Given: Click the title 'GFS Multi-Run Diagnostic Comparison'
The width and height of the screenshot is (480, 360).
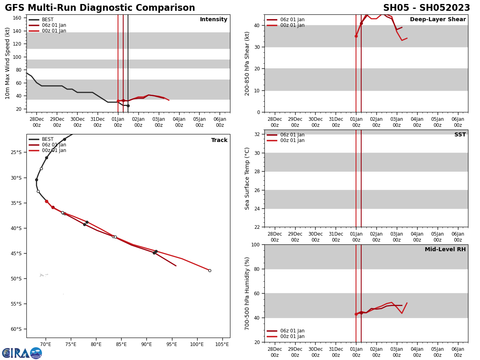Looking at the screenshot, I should pyautogui.click(x=100, y=8).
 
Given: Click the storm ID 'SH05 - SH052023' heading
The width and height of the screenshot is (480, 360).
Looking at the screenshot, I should pyautogui.click(x=426, y=8).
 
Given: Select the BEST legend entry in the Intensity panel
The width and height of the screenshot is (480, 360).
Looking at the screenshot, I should pyautogui.click(x=47, y=20).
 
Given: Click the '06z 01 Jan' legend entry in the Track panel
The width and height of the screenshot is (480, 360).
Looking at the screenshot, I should pyautogui.click(x=54, y=145).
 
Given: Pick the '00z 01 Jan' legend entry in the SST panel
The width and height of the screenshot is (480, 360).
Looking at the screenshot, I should pyautogui.click(x=292, y=140).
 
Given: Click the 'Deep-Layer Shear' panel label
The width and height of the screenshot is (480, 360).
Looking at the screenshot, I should pyautogui.click(x=438, y=20).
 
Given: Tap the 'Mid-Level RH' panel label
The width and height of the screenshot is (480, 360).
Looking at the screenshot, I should pyautogui.click(x=445, y=250).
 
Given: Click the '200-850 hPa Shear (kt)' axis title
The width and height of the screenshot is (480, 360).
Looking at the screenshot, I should pyautogui.click(x=248, y=63).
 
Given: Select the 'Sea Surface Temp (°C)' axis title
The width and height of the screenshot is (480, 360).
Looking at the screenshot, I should pyautogui.click(x=248, y=178).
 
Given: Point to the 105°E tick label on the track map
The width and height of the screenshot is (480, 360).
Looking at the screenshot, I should pyautogui.click(x=222, y=344).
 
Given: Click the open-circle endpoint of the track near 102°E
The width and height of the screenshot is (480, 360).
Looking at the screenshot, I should pyautogui.click(x=210, y=270).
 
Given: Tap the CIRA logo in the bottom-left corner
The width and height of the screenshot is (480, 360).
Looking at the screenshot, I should pyautogui.click(x=22, y=353).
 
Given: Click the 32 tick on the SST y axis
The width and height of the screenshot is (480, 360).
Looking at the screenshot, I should pyautogui.click(x=258, y=134).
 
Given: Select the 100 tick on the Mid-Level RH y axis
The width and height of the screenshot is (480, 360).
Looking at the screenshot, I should pyautogui.click(x=255, y=244).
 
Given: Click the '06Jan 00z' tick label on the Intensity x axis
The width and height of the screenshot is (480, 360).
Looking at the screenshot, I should pyautogui.click(x=220, y=122).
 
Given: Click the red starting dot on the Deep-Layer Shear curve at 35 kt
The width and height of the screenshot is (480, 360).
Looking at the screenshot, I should pyautogui.click(x=356, y=36).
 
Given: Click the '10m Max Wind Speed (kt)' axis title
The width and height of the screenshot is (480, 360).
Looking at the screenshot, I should pyautogui.click(x=8, y=63).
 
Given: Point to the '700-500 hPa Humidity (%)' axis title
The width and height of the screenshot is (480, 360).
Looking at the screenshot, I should pyautogui.click(x=248, y=293).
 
